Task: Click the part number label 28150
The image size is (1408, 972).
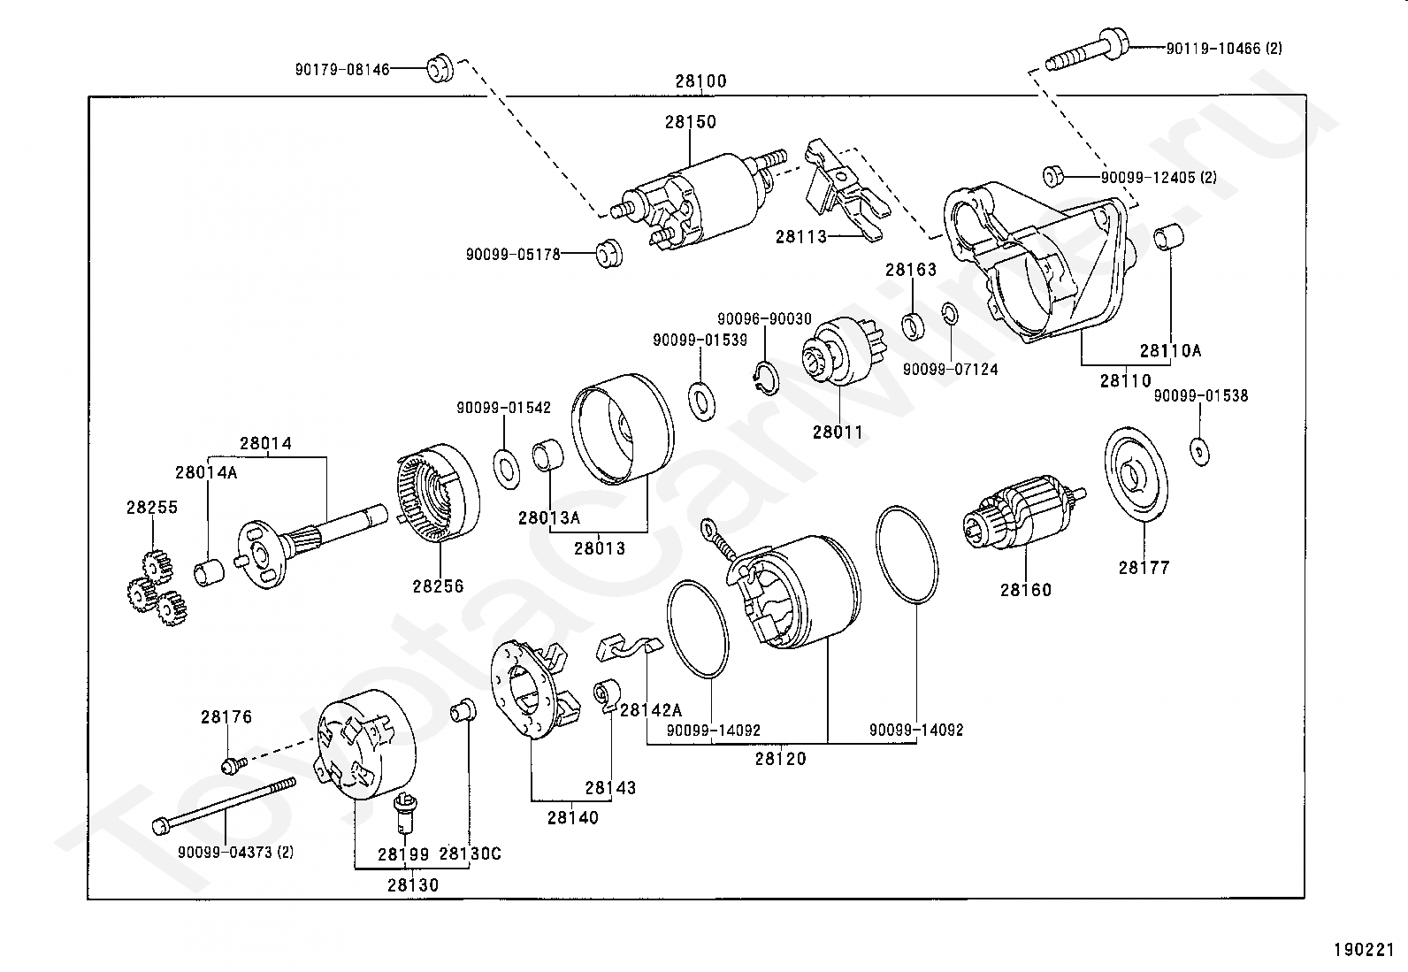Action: tap(691, 122)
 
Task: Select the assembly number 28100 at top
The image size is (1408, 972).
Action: tap(700, 81)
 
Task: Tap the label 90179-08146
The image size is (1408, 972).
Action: tap(342, 68)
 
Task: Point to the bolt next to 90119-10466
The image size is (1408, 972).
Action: tap(1086, 50)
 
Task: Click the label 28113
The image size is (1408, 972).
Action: tap(800, 236)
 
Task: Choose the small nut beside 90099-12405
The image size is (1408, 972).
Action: tap(1052, 176)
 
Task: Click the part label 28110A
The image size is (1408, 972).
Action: tap(1170, 350)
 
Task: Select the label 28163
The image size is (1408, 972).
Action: tap(911, 271)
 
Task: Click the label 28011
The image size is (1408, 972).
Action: tap(838, 432)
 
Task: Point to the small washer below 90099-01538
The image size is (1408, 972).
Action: tap(1199, 451)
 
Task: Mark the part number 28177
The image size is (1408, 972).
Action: tap(1144, 568)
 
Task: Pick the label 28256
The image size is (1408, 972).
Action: tap(438, 585)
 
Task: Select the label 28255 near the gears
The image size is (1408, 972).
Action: tap(151, 508)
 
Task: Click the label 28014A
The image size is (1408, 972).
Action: tap(206, 472)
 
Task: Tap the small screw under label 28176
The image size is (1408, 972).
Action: tap(231, 762)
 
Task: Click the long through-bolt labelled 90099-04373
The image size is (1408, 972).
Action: tap(226, 804)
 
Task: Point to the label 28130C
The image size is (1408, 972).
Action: tap(470, 853)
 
